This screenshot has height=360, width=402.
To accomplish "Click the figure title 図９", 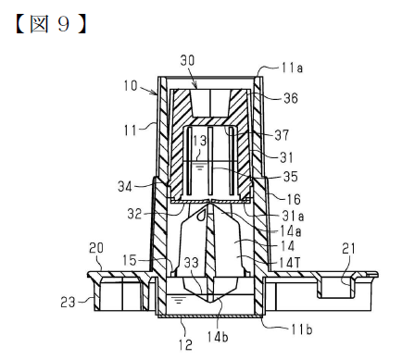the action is click(x=51, y=24).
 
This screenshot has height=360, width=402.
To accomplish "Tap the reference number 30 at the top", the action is click(x=187, y=60).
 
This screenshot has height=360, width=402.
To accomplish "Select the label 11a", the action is click(x=292, y=68).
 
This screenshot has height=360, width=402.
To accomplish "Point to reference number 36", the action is click(x=291, y=98).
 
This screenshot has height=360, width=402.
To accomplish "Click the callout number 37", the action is click(x=282, y=135).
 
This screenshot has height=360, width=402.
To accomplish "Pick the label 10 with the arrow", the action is click(x=131, y=85).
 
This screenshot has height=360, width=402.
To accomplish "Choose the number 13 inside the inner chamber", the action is click(x=199, y=141).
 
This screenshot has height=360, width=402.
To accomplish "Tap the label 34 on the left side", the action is click(x=125, y=186).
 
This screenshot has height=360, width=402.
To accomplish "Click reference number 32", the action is click(x=134, y=214).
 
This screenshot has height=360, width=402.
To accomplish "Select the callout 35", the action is click(x=291, y=177).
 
